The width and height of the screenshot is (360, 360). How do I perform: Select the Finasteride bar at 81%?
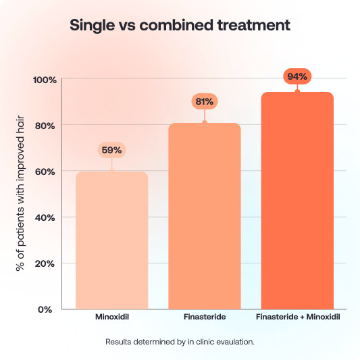[205, 216]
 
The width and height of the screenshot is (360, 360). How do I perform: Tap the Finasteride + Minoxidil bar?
[297, 201]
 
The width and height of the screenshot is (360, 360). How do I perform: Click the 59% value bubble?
[111, 150]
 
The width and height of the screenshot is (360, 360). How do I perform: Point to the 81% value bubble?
[205, 101]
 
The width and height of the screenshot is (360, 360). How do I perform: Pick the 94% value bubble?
[297, 76]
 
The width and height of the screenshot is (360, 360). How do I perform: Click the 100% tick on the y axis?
[45, 80]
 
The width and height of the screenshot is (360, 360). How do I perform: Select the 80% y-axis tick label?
[46, 126]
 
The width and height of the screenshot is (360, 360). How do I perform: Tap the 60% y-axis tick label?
[46, 172]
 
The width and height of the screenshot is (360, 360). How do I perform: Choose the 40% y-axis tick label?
[46, 217]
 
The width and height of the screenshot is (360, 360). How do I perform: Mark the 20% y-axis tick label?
[46, 263]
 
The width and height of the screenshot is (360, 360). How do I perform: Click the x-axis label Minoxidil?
[111, 317]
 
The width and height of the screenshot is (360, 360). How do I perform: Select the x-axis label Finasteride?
[205, 317]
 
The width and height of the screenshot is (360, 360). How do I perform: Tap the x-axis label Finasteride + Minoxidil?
[297, 317]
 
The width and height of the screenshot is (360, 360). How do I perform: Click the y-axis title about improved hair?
[20, 195]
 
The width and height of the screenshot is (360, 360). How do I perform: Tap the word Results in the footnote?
[120, 342]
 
